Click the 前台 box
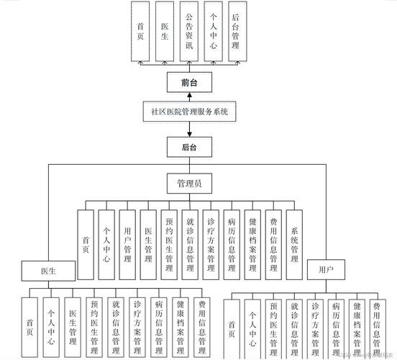(x=189, y=83)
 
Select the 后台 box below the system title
(x=189, y=148)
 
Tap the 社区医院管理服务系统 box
(x=189, y=112)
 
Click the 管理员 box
(x=189, y=184)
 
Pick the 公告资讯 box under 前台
(x=189, y=32)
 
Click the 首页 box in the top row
(x=141, y=32)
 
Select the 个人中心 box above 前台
(x=212, y=32)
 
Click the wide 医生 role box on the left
(x=47, y=270)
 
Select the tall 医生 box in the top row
(x=165, y=32)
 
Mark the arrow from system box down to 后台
(x=189, y=130)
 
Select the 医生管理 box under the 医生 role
(x=73, y=328)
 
